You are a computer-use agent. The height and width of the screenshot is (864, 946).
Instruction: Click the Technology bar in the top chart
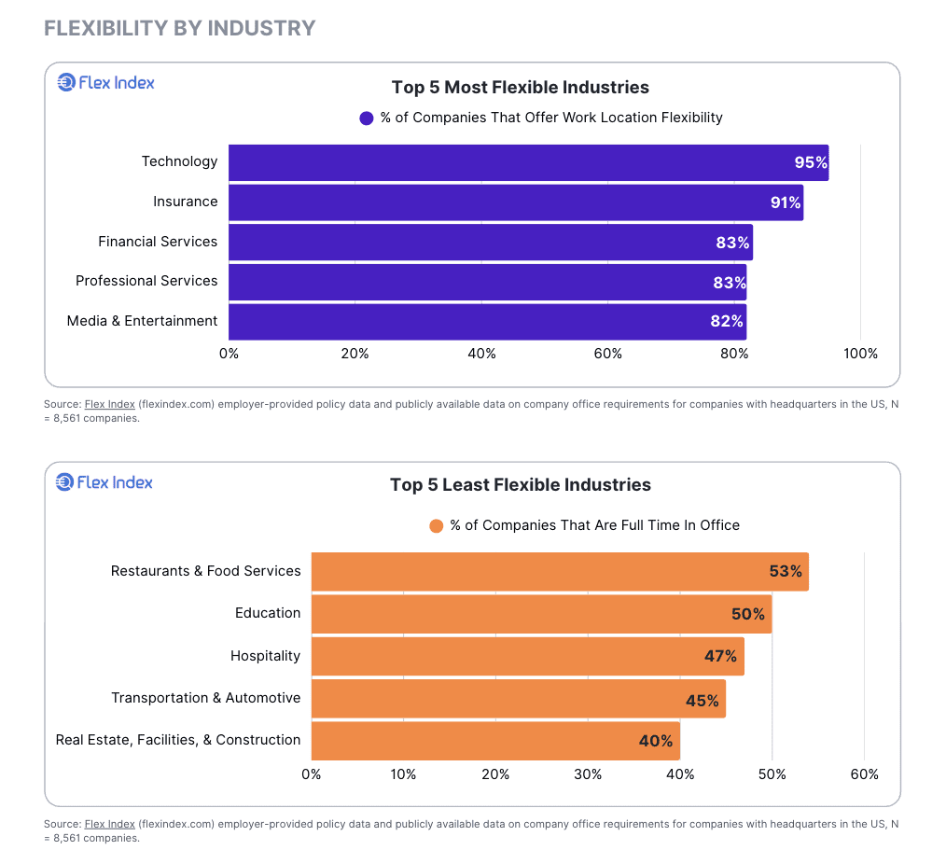coord(528,162)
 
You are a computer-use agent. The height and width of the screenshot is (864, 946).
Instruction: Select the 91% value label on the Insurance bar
coord(786,202)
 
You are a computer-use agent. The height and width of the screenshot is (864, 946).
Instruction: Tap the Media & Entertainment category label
coord(142,321)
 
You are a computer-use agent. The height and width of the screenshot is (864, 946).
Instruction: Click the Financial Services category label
coord(158,242)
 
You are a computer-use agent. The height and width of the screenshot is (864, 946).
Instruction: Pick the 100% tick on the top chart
coord(860,354)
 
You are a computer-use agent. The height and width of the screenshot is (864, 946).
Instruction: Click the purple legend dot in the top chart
coord(367,118)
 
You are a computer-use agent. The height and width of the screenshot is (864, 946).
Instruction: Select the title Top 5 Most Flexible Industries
coord(520,88)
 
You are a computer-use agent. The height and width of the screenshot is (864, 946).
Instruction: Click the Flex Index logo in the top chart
coord(105,83)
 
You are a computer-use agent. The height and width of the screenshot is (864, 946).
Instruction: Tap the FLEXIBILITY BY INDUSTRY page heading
coord(180,28)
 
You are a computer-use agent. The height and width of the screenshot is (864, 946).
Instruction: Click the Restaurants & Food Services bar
coord(560,571)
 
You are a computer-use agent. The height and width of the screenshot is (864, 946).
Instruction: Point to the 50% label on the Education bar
coord(747,614)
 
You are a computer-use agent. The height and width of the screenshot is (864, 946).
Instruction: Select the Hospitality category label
coord(265,656)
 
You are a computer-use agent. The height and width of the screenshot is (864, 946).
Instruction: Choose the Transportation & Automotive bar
coord(518,699)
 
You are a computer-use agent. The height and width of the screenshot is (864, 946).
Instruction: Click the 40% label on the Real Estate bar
coord(655,741)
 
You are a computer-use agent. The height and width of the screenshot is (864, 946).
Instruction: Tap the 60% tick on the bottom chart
coord(864,774)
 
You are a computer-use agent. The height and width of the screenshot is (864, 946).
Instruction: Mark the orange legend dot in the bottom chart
coord(436,526)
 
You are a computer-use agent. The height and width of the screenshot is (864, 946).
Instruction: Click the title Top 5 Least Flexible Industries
coord(520,485)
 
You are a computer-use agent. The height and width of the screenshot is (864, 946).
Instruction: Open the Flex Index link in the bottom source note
coord(109,824)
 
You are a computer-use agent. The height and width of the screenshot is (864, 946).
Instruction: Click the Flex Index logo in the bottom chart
coord(104,482)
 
